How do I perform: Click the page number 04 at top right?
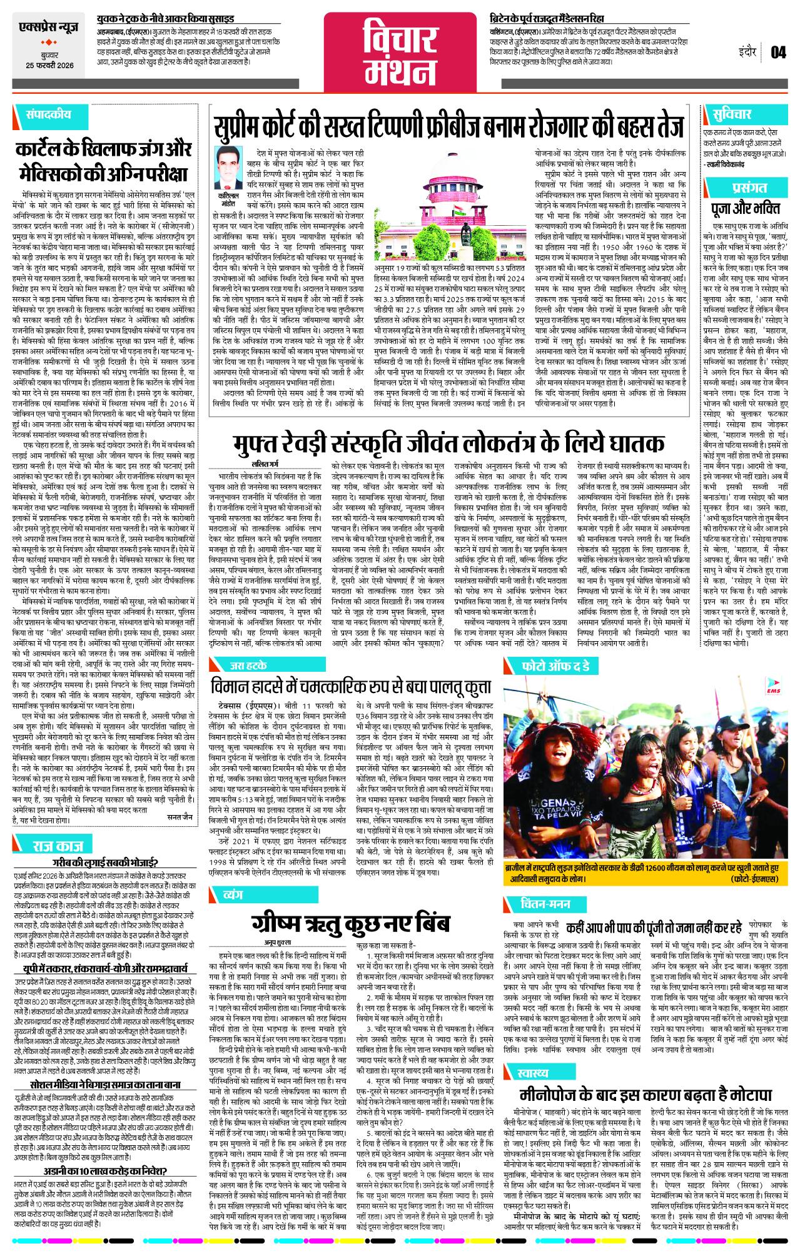[x=777, y=52]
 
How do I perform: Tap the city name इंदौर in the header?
[x=747, y=52]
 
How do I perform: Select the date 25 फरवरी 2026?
[x=49, y=66]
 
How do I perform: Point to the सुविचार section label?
[x=731, y=114]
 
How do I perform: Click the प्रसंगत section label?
[x=749, y=187]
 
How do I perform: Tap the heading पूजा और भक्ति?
[x=745, y=208]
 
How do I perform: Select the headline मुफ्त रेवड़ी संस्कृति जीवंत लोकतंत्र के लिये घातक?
[x=448, y=443]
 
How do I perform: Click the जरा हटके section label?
[x=248, y=666]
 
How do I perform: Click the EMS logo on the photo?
[x=774, y=686]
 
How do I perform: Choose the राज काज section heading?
[x=58, y=846]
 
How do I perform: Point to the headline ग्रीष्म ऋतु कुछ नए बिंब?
[x=350, y=924]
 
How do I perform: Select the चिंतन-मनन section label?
[x=545, y=903]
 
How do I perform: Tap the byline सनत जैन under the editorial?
[x=180, y=817]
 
